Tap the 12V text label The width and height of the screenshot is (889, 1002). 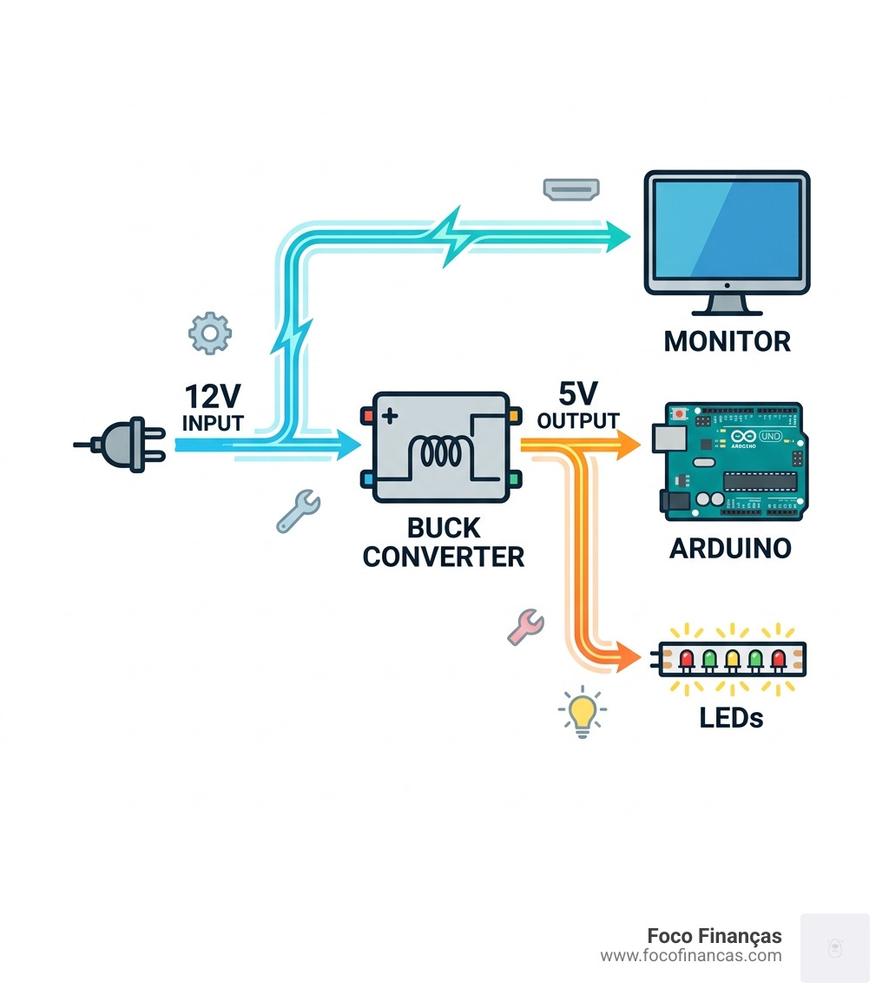tap(212, 396)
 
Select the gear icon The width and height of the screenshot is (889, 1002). tap(210, 333)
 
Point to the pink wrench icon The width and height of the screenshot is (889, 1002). tap(525, 625)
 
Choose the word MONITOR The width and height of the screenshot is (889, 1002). tap(727, 341)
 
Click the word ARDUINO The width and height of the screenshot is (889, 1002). tap(730, 549)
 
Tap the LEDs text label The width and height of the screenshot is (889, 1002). tap(731, 717)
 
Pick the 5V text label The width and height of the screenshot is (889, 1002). tap(578, 395)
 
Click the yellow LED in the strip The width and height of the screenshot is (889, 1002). tap(733, 659)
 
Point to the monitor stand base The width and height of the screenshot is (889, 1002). tap(728, 309)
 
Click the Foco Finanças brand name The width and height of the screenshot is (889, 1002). tap(714, 936)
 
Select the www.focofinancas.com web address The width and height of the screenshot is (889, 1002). tap(691, 956)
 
